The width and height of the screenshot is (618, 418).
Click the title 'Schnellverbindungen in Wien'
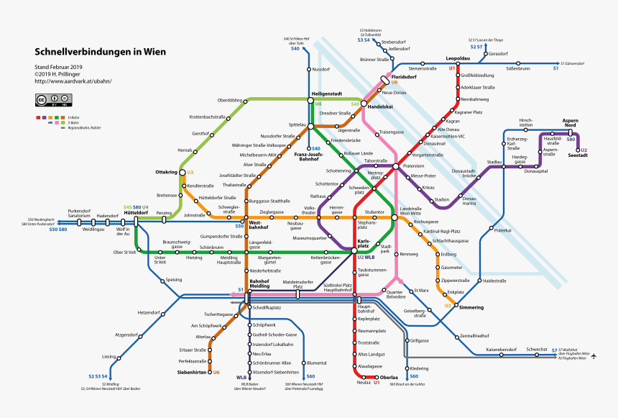point(101,52)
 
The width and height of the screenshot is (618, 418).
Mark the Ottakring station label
point(166,173)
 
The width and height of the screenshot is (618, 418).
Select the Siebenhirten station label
point(192,372)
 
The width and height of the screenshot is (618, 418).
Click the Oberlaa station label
point(389,377)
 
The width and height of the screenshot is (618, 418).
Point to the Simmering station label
point(471,307)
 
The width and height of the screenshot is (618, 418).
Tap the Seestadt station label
point(577,155)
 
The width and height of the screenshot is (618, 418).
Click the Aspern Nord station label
point(570,122)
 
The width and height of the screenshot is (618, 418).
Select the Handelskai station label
point(381,106)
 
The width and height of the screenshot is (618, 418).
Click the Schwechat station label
point(537,349)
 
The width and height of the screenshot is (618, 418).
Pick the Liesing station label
point(109,357)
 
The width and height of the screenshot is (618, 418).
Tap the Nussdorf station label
point(320,69)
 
